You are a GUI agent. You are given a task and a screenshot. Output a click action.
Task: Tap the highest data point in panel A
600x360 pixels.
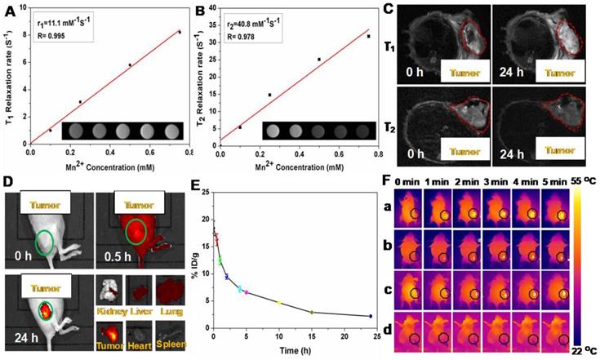tap(179, 32)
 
